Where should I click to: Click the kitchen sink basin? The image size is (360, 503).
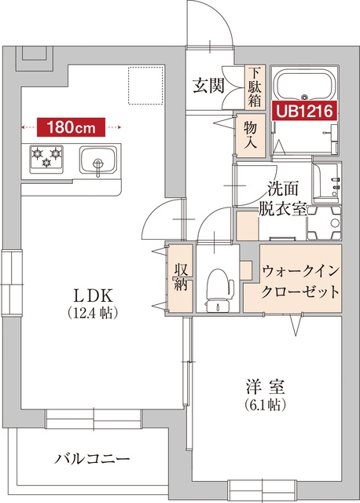coord(97,162)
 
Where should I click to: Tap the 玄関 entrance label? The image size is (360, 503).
coord(209,86)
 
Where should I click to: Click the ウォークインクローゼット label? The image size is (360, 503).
coord(301,281)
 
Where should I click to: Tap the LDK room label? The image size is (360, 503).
coord(94,296)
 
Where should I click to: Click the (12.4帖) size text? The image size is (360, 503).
coord(94,313)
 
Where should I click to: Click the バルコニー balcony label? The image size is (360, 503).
coord(93,459)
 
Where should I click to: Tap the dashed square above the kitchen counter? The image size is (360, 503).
coord(145,86)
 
